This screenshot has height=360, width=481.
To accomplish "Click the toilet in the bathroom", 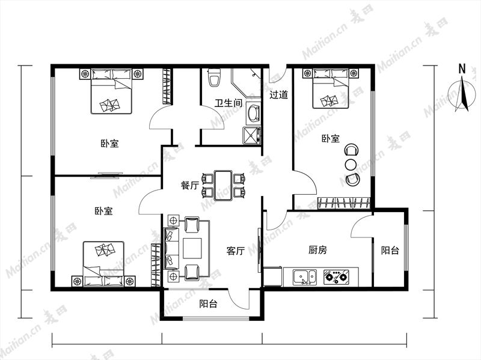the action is click(214, 78).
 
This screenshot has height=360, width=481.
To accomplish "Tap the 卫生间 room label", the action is click(228, 103).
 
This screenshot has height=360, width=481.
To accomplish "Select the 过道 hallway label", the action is click(278, 94).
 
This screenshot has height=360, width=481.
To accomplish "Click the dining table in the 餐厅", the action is click(223, 185).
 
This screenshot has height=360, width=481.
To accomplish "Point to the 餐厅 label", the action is click(190, 185).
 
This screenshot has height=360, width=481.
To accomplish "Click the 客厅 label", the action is click(235, 251).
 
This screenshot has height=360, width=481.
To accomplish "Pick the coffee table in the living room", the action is click(192, 248).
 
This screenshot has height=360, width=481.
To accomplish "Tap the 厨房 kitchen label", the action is click(317, 250).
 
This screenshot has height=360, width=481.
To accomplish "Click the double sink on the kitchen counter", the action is click(305, 277).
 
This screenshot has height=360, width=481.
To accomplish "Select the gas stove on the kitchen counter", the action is click(336, 276).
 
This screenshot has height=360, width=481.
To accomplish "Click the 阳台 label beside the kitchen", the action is click(390, 250).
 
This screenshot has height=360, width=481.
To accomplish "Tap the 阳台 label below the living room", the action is click(208, 304).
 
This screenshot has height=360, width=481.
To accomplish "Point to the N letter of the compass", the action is click(462, 69).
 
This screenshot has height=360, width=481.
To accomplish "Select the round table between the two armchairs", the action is click(351, 164).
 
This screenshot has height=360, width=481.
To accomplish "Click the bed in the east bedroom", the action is click(330, 88).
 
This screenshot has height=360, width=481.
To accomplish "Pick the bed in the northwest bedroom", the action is click(111, 91).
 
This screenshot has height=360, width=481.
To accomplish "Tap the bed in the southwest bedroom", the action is click(103, 264).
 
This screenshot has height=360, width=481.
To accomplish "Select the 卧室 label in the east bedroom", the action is click(331, 139).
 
